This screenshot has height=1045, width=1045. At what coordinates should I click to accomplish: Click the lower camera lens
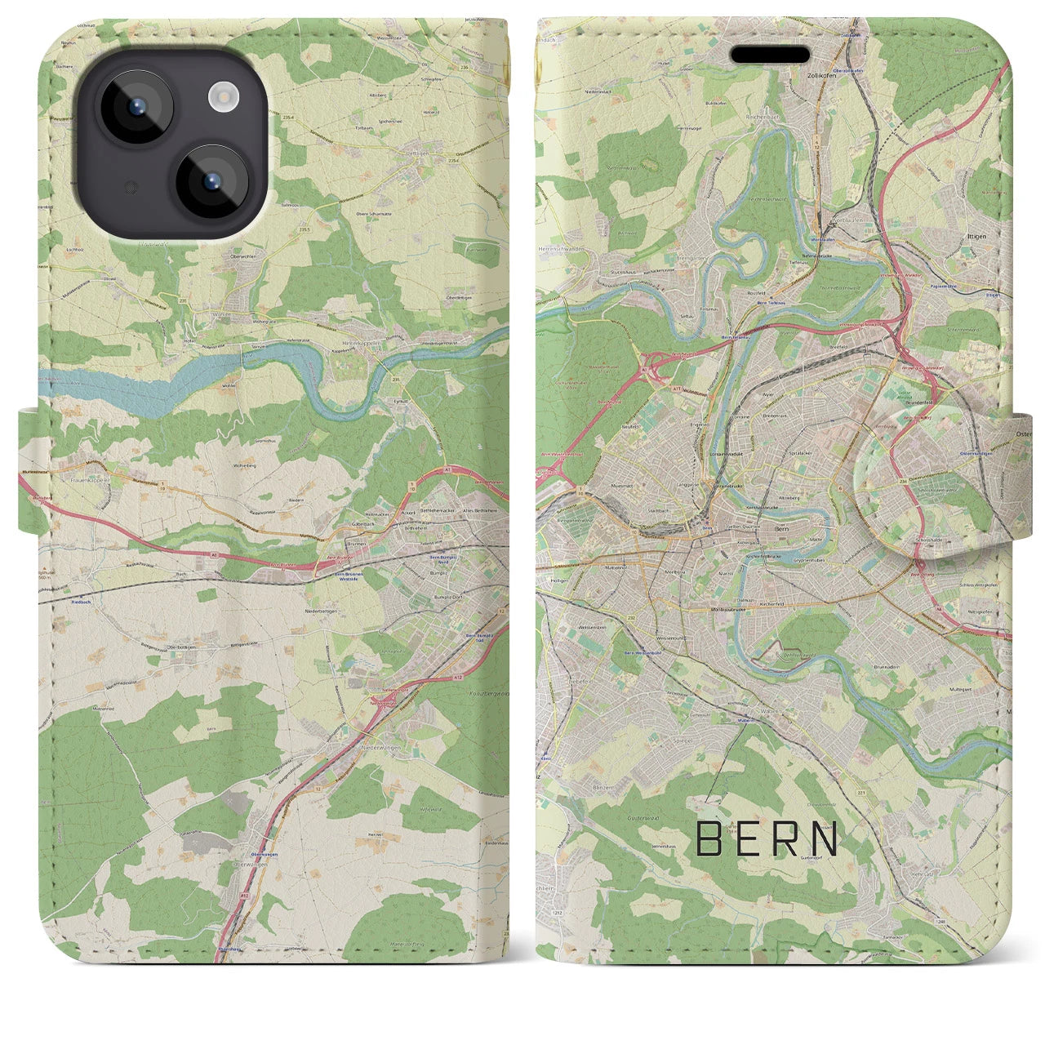click(x=212, y=182)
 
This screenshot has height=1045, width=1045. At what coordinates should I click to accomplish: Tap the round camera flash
click(x=221, y=99)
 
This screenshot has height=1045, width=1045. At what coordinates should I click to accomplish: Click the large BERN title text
click(x=767, y=838)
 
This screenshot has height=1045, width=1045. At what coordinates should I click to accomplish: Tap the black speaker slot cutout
click(x=770, y=54)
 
